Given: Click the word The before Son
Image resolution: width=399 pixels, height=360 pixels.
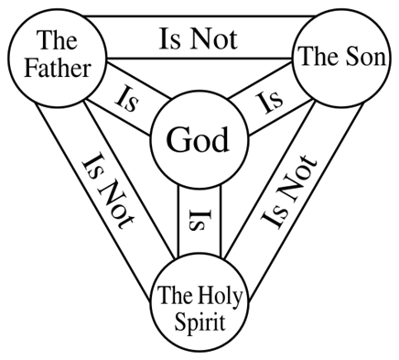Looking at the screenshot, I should pyautogui.click(x=316, y=58).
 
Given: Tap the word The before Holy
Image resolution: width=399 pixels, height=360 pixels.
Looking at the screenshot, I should pyautogui.click(x=177, y=296).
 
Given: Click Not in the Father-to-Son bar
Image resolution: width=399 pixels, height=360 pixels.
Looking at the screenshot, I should pyautogui.click(x=211, y=39).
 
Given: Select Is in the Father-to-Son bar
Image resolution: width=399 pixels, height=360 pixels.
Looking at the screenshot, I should pyautogui.click(x=171, y=39).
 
